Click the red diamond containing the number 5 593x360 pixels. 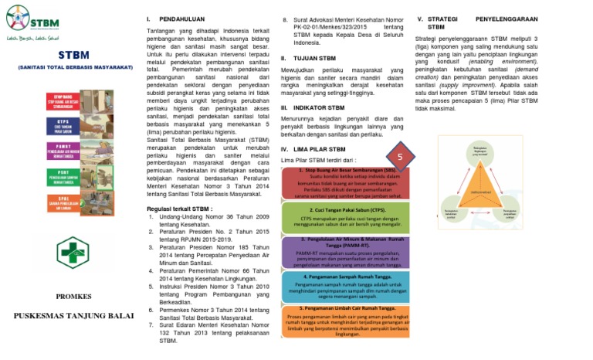[400, 157]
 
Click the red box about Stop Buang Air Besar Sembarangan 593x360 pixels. [347, 183]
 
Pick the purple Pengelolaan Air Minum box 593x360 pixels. [347, 253]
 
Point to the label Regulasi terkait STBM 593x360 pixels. [179, 209]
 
